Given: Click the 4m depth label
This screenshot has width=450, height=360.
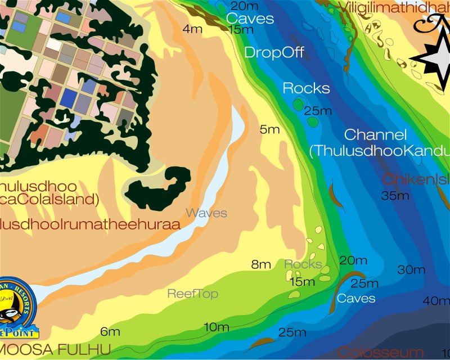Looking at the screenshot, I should click(192, 29).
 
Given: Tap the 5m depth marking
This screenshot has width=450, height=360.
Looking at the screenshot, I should click(269, 129).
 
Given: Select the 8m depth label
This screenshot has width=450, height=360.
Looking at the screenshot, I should click(261, 264).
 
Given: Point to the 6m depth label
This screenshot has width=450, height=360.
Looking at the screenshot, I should click(110, 331).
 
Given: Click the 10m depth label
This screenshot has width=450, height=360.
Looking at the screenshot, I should click(216, 327).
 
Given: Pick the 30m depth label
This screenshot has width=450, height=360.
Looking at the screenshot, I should click(411, 270).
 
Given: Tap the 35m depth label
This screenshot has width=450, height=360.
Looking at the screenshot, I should click(395, 196).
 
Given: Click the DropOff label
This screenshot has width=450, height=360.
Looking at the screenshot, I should click(274, 53).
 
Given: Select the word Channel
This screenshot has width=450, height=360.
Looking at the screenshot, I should click(375, 135).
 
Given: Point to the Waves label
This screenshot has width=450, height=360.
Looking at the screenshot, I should click(206, 213).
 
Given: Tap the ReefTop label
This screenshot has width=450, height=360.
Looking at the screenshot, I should click(193, 294).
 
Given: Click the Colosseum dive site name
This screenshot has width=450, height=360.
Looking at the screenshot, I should click(381, 353).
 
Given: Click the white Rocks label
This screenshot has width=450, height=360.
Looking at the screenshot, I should click(306, 88).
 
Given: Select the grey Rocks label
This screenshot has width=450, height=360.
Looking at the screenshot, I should click(303, 264).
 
